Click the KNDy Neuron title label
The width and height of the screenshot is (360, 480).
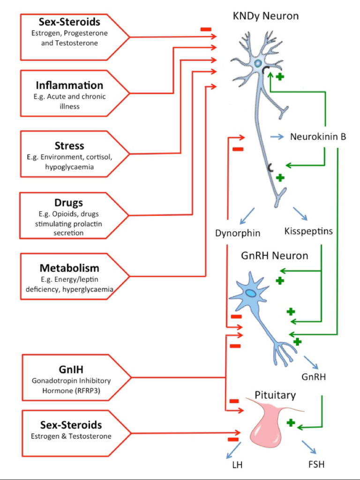[x=266, y=16]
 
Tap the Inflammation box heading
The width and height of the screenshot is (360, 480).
[x=69, y=85]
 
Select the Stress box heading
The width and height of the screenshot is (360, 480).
[x=69, y=146]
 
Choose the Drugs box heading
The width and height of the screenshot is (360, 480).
[x=68, y=203]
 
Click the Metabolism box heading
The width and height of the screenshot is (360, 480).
[x=69, y=268]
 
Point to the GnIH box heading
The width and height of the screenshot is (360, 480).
[x=71, y=369]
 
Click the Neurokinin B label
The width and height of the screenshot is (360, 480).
[x=318, y=137]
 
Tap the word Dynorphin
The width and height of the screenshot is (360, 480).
[x=238, y=233]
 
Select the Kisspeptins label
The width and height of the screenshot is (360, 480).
[x=308, y=231]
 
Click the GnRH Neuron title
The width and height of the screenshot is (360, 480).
[x=275, y=256]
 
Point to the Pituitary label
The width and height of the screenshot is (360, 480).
[x=275, y=395]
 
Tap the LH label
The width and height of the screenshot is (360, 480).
[x=238, y=465]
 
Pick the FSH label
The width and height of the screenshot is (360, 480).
[x=316, y=465]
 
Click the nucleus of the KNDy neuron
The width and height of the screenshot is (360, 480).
[x=258, y=63]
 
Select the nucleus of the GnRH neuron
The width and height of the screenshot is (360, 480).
[x=251, y=293]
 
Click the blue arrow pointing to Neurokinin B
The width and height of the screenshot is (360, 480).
[x=277, y=137]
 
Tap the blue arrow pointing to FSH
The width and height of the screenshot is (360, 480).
[x=309, y=447]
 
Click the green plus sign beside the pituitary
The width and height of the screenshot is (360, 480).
[x=291, y=423]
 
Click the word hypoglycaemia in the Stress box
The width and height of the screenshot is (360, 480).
[x=69, y=167]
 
